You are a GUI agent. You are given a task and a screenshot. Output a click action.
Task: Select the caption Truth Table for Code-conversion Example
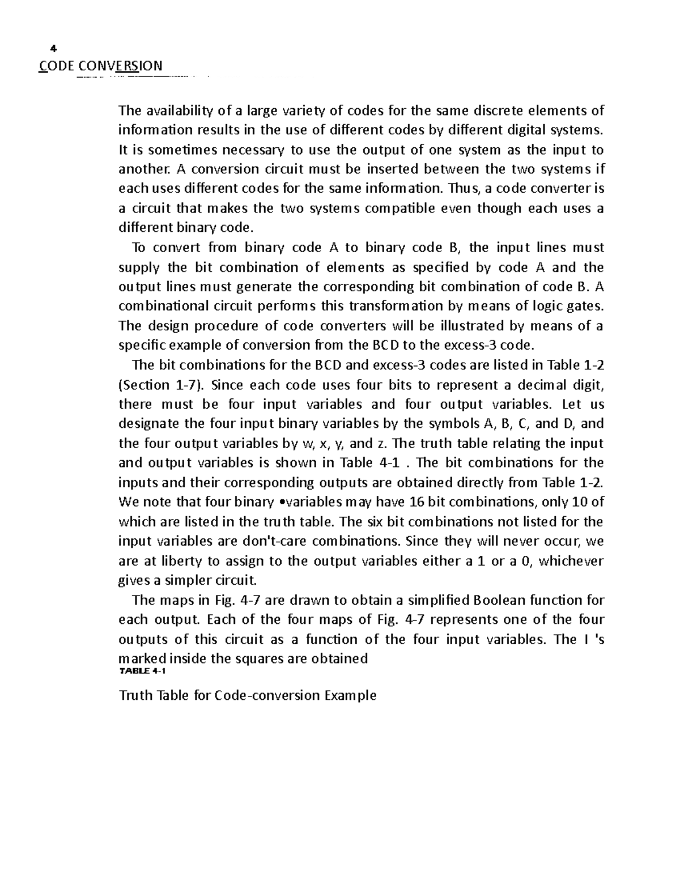(x=247, y=695)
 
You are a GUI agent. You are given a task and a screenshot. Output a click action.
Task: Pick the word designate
(x=149, y=424)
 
